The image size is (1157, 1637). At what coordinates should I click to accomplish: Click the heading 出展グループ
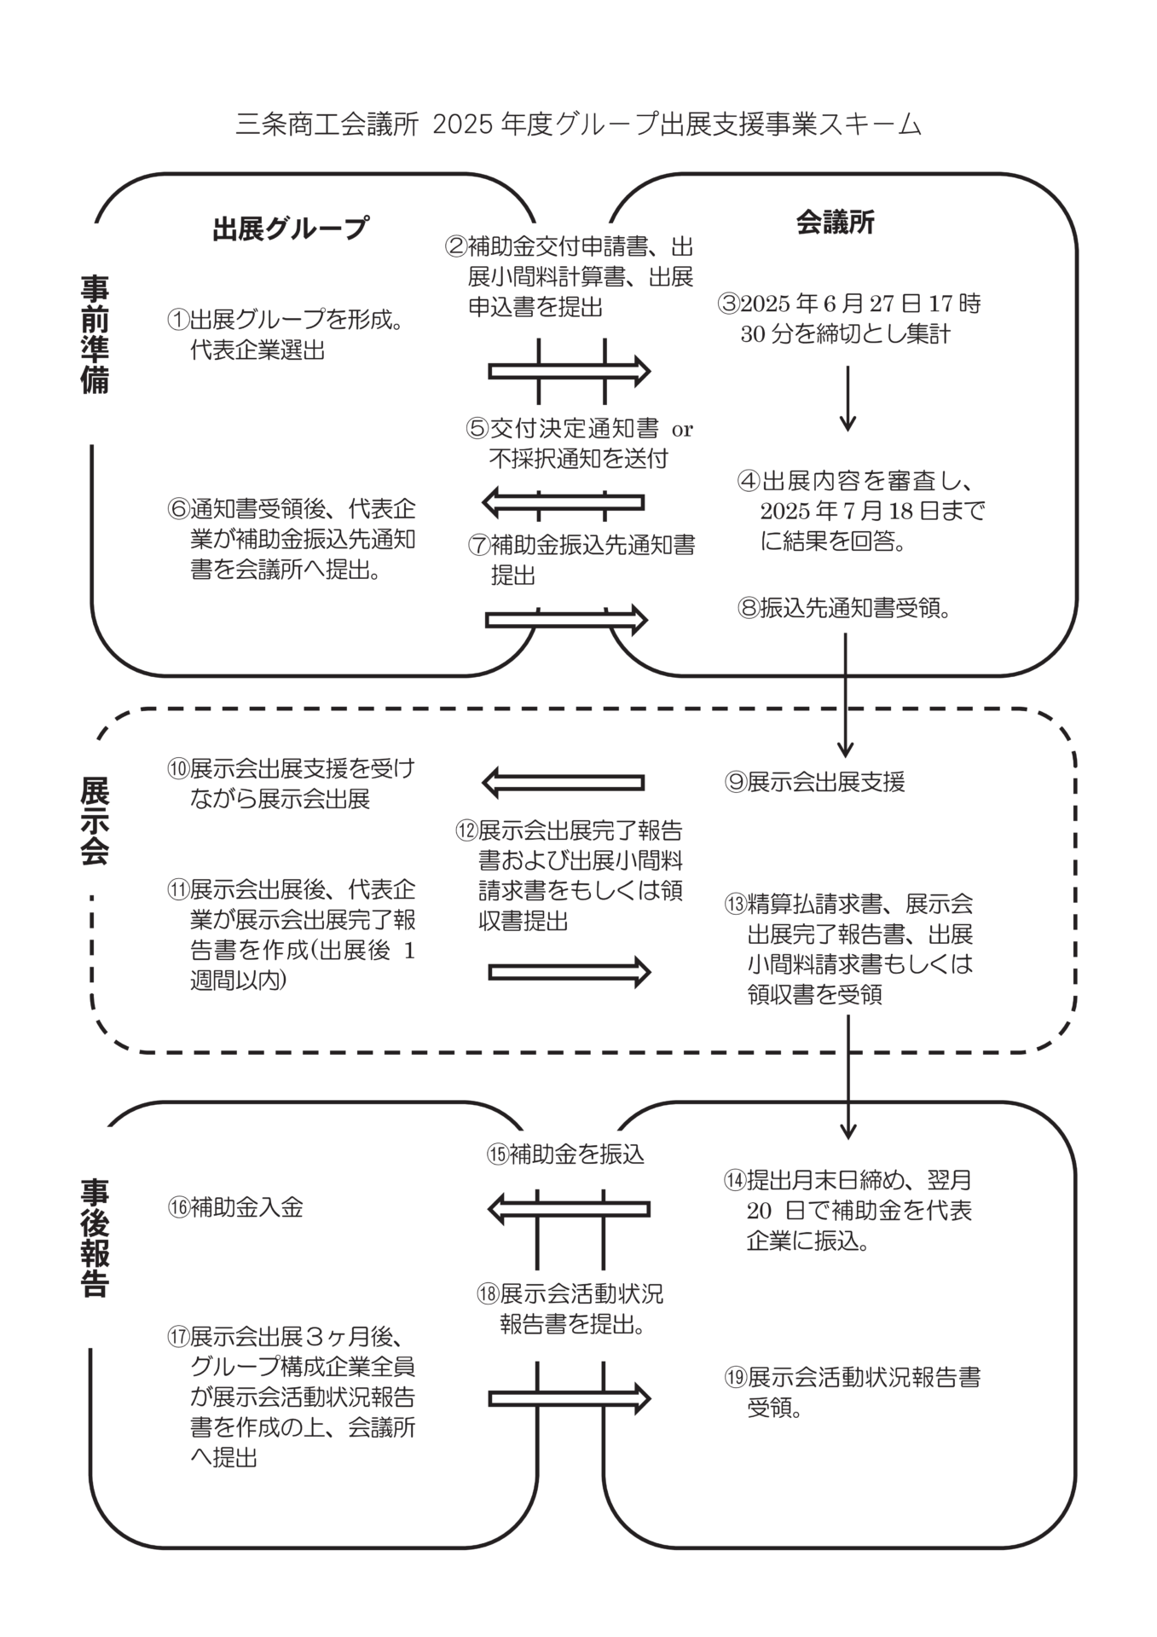tap(291, 228)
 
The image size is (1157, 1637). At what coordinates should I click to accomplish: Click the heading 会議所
tap(836, 223)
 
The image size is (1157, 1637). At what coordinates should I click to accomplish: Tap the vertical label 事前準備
tap(95, 333)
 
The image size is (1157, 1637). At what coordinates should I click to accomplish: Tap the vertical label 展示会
tap(95, 821)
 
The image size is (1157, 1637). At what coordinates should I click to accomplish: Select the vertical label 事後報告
tap(95, 1237)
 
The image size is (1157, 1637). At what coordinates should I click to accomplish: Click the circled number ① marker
tap(177, 320)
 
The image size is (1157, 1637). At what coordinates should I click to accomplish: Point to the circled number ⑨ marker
tap(736, 782)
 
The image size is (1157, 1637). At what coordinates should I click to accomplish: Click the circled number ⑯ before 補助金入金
tap(177, 1207)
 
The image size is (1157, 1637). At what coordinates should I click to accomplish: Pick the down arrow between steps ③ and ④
tap(848, 399)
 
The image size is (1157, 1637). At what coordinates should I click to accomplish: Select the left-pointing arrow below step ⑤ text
tap(563, 502)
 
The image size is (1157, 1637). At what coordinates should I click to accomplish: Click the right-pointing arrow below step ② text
tap(569, 371)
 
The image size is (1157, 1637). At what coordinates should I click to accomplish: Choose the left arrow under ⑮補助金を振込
tap(569, 1209)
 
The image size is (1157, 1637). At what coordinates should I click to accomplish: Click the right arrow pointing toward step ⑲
tap(569, 1398)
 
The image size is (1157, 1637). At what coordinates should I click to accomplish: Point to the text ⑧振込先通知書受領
tap(845, 608)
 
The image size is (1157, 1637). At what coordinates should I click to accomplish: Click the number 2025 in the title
tap(463, 125)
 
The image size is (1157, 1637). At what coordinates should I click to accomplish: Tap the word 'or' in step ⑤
tap(682, 430)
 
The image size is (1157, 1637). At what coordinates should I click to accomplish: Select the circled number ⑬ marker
tap(736, 903)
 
